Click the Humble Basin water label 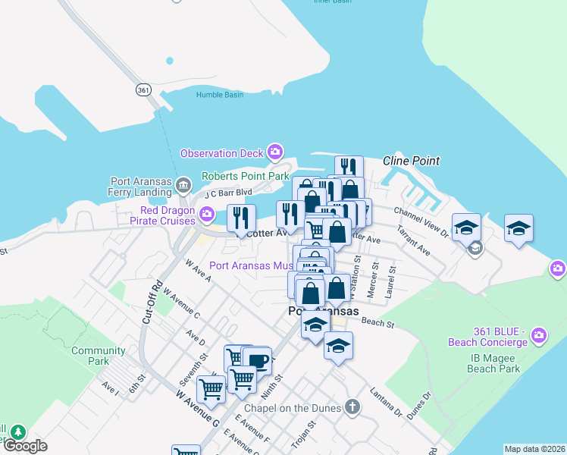[x=220, y=95]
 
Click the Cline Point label [x=411, y=161]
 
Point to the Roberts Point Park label [x=245, y=176]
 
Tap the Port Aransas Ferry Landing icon [x=183, y=186]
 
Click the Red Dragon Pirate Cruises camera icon [x=206, y=216]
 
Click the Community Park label [x=99, y=356]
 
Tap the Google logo [x=25, y=446]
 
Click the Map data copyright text [x=534, y=449]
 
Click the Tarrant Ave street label [x=413, y=241]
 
